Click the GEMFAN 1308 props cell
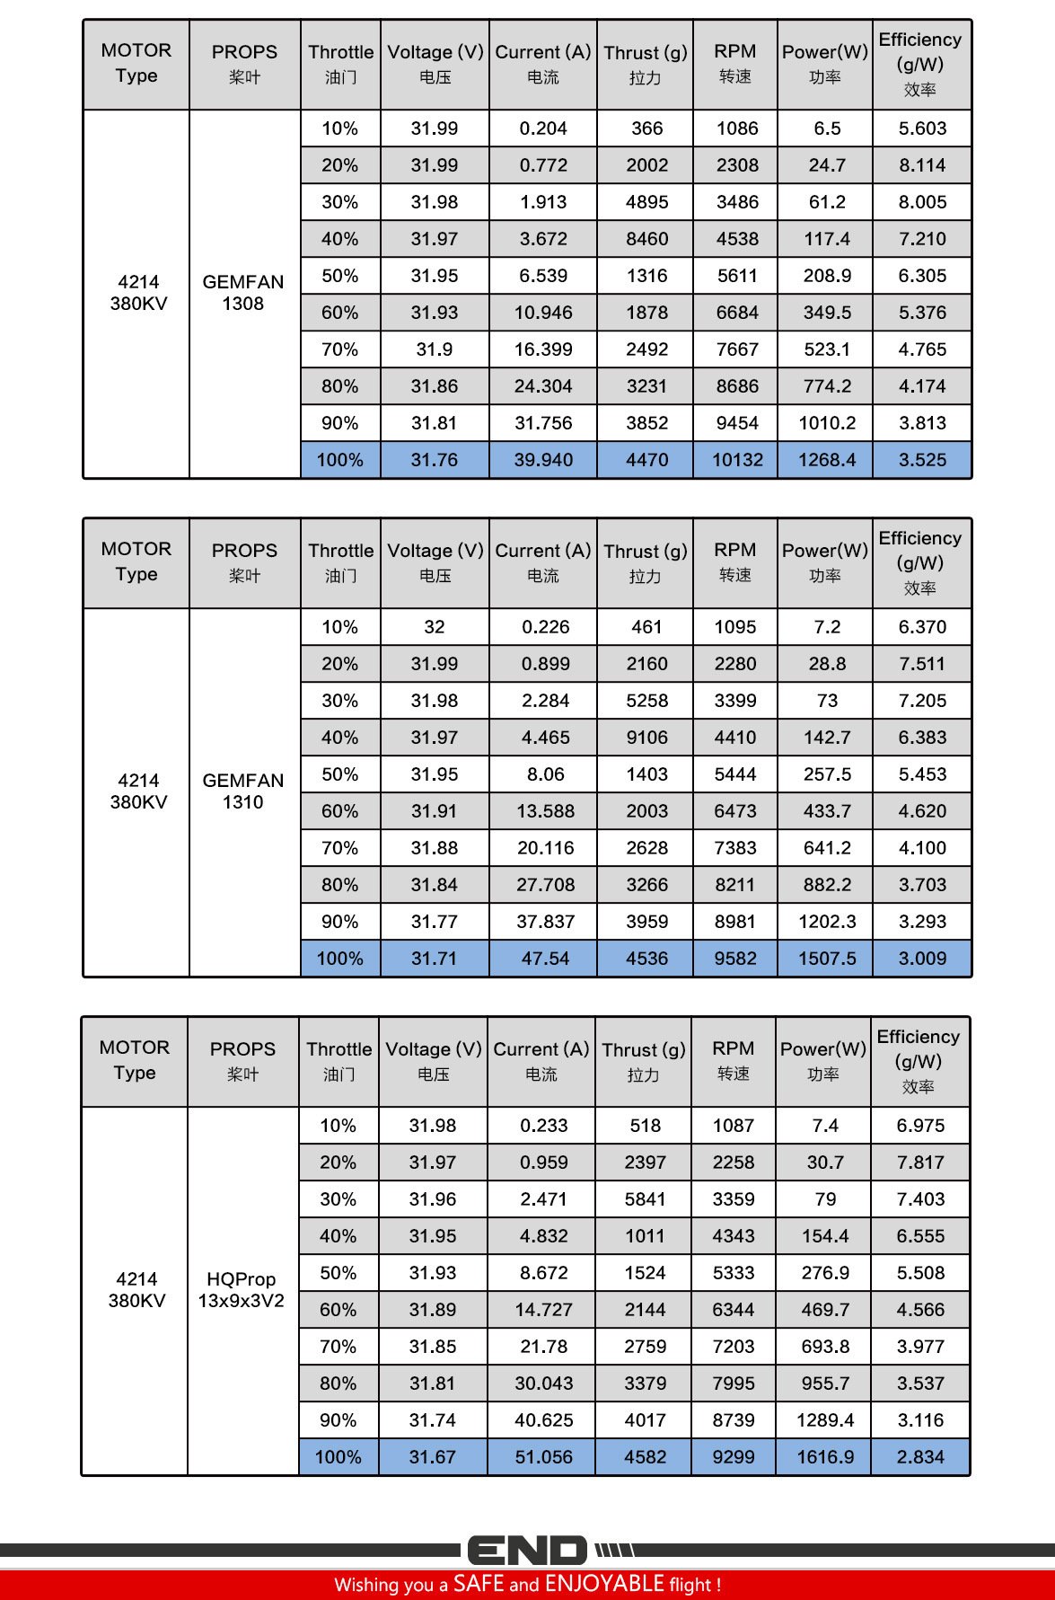(243, 293)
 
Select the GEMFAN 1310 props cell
(243, 791)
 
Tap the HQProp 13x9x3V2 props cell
(242, 1290)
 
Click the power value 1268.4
(827, 460)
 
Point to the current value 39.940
(543, 460)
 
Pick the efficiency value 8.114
(922, 165)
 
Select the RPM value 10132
(737, 460)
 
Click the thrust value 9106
(646, 738)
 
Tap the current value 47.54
(545, 959)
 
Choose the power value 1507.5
(827, 959)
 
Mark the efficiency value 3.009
(922, 959)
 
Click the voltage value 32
(435, 627)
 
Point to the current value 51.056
(543, 1457)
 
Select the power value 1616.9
(825, 1457)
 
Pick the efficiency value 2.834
(920, 1457)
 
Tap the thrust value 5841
(645, 1199)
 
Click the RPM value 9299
(734, 1457)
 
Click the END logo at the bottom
(527, 1551)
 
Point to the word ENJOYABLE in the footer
(603, 1583)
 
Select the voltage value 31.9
(435, 349)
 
